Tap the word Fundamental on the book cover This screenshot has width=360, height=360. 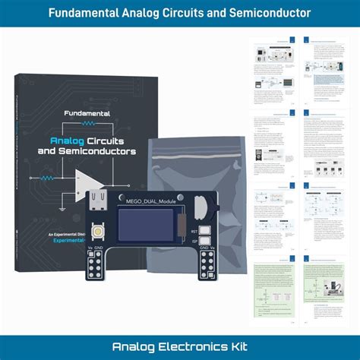pos(84,113)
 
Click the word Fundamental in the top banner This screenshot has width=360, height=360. pos(90,13)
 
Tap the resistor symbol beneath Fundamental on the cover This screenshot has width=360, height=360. pos(90,122)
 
